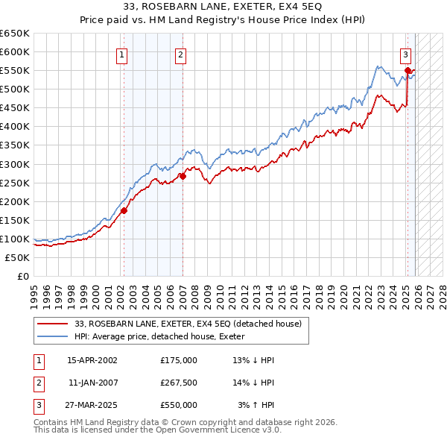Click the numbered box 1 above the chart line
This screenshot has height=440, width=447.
121,54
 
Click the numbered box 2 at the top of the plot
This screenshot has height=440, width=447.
181,54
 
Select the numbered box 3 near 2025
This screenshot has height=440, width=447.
405,54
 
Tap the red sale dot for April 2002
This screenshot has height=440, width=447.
124,210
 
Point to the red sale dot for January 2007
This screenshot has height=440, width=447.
183,176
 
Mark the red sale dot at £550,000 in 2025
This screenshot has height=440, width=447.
408,71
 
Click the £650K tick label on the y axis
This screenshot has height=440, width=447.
15,34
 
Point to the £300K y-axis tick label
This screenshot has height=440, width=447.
15,164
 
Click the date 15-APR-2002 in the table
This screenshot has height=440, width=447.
92,360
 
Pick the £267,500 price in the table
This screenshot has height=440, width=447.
179,383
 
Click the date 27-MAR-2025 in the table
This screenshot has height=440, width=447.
92,405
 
